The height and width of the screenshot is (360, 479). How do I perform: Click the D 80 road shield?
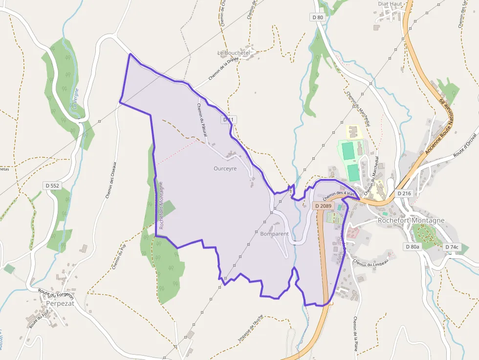[318, 17]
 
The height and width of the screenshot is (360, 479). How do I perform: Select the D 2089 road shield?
[324, 206]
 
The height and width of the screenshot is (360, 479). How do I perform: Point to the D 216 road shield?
[404, 193]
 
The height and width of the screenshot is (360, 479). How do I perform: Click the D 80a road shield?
[412, 247]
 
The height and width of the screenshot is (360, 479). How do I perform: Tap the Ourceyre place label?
[225, 169]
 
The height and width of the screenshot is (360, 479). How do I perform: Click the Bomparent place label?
[275, 234]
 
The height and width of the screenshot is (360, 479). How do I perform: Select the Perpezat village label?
[60, 303]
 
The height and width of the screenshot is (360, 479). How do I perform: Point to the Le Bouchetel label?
[234, 53]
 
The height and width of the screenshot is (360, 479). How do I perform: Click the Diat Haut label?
[390, 4]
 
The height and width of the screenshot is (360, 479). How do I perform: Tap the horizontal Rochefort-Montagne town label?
[411, 220]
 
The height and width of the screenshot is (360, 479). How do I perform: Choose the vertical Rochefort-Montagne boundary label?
[161, 205]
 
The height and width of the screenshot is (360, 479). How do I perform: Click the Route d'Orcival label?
[465, 145]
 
